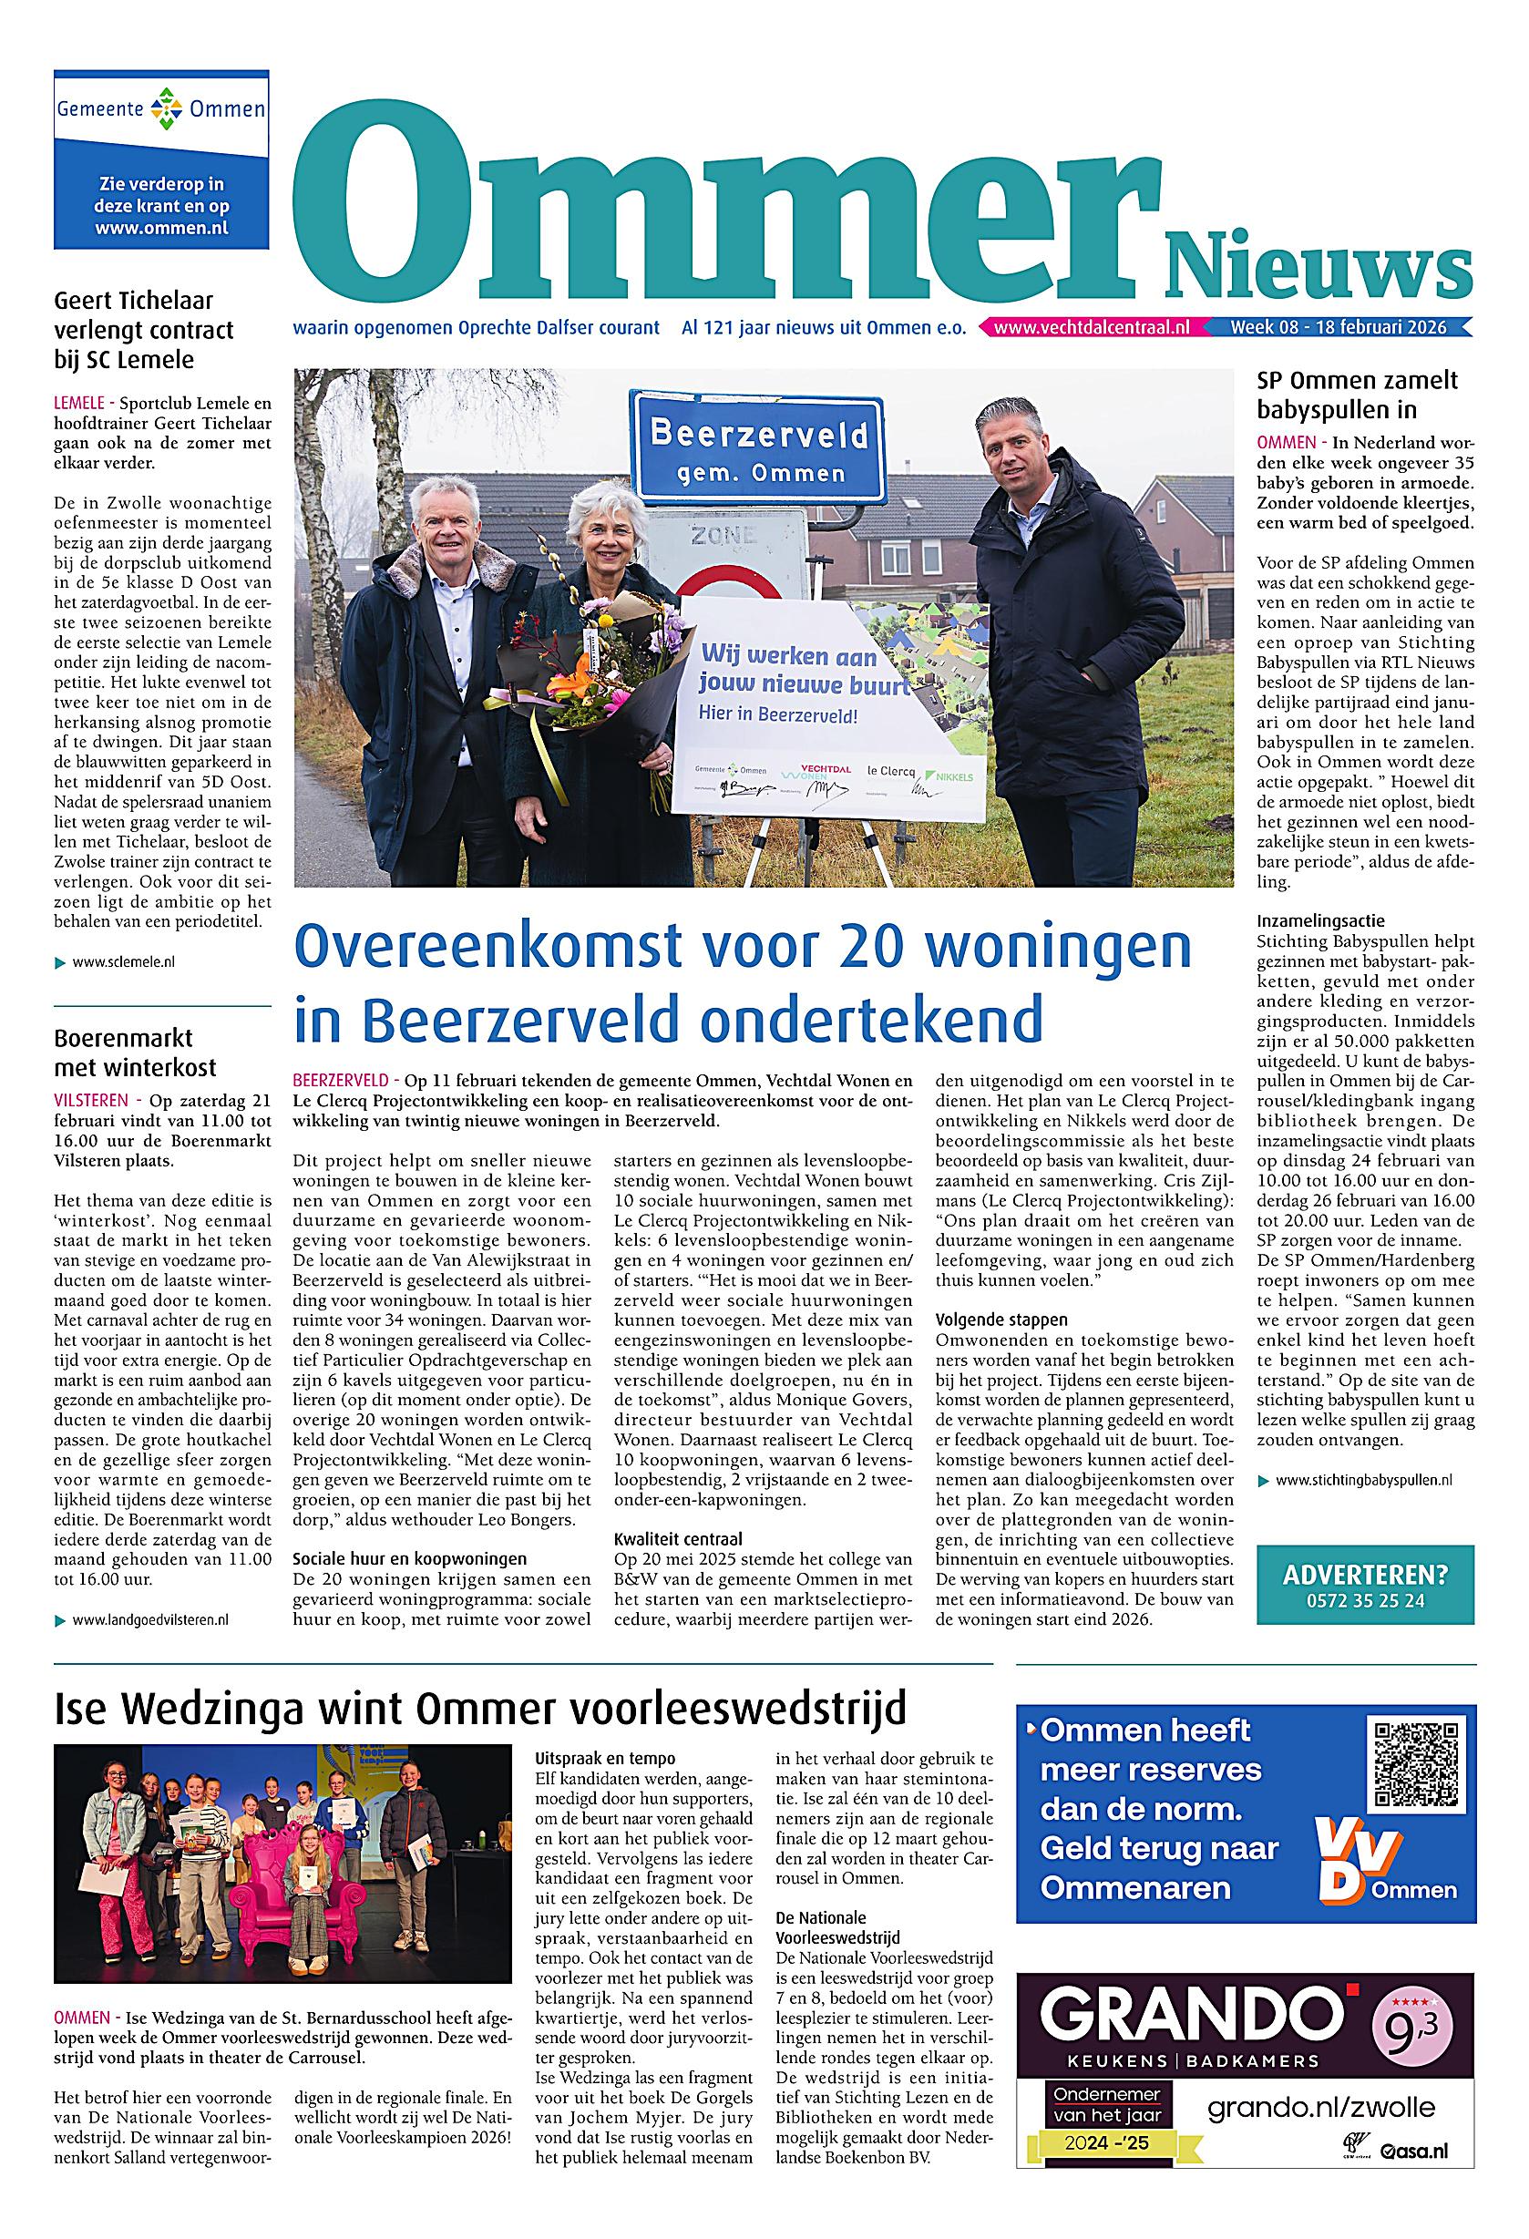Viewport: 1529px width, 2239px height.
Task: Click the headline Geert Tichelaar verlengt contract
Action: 144,331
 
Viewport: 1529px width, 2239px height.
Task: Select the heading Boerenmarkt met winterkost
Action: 135,1053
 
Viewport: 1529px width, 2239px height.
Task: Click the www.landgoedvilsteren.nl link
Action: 149,1620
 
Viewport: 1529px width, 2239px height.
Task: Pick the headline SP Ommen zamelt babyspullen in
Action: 1357,394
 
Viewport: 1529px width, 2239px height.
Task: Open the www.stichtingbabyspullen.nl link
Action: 1362,1480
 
